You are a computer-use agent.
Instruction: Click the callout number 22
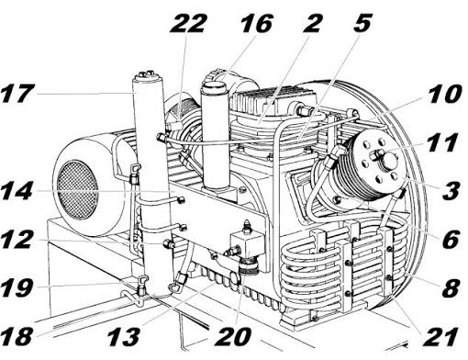(188, 23)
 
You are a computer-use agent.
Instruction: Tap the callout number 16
(256, 24)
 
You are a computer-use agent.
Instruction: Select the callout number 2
(311, 23)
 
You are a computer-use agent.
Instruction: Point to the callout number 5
(362, 23)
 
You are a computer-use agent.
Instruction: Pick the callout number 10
(444, 94)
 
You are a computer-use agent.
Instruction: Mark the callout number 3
(451, 190)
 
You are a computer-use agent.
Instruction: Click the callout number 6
(451, 239)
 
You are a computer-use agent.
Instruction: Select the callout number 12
(17, 239)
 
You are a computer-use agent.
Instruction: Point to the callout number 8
(451, 287)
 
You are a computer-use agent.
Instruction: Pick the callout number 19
(17, 287)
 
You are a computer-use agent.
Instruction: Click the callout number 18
(17, 336)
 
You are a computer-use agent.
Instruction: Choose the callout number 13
(124, 336)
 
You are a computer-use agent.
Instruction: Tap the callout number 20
(232, 336)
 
